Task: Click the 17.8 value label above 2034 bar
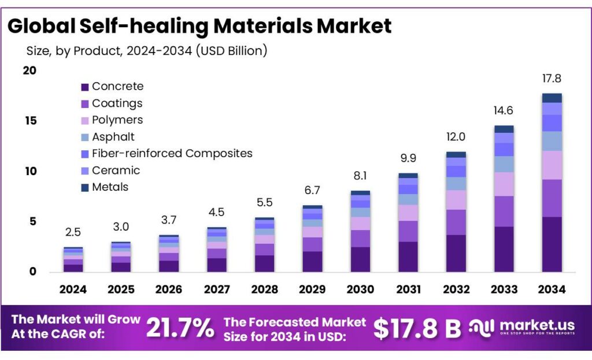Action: click(552, 79)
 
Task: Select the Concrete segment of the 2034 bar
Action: click(552, 244)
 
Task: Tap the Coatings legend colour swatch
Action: click(84, 104)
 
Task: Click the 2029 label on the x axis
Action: click(312, 289)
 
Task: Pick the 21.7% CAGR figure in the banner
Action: click(179, 328)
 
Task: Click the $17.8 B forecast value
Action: click(416, 328)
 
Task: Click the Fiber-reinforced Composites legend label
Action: click(172, 154)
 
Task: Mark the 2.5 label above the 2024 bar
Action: click(73, 232)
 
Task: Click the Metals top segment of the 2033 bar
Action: click(504, 129)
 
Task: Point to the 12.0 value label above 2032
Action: click(456, 137)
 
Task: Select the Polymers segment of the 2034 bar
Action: click(552, 165)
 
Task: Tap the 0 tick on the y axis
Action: click(32, 272)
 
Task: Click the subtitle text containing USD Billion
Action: click(147, 51)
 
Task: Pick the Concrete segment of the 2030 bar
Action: click(360, 259)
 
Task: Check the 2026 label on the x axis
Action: click(169, 289)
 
